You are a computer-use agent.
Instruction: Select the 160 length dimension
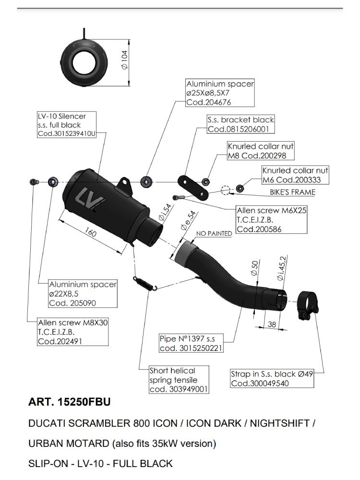pyautogui.click(x=90, y=234)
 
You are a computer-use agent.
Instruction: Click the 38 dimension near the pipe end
pyautogui.click(x=272, y=324)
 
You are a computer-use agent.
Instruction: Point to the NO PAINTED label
pyautogui.click(x=214, y=233)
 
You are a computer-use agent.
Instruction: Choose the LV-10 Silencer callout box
pyautogui.click(x=67, y=125)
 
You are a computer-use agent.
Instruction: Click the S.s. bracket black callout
pyautogui.click(x=240, y=124)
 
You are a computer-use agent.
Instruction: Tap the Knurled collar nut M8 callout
pyautogui.click(x=261, y=151)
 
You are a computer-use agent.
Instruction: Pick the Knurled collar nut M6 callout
pyautogui.click(x=296, y=175)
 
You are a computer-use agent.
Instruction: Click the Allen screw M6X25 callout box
pyautogui.click(x=271, y=220)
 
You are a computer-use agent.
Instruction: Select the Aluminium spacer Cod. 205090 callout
pyautogui.click(x=83, y=294)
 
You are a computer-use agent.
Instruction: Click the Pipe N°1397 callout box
pyautogui.click(x=191, y=344)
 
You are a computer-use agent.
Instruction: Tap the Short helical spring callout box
pyautogui.click(x=179, y=380)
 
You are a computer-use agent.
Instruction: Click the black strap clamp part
pyautogui.click(x=306, y=307)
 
